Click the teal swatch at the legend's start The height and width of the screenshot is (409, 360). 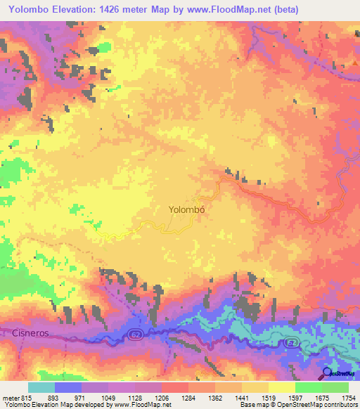[x=41, y=387]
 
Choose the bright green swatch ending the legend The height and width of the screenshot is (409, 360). [x=335, y=387]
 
